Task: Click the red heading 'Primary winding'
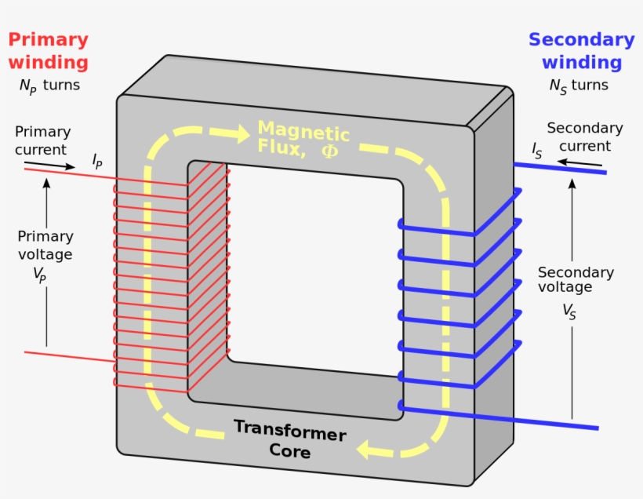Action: coord(49,51)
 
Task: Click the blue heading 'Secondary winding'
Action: coord(582,51)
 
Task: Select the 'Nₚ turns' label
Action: coord(49,86)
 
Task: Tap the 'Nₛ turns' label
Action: coord(578,86)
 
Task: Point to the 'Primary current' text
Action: coord(42,140)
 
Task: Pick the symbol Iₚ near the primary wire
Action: coord(96,161)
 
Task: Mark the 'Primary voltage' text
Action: coord(45,246)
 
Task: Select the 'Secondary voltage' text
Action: coord(576,279)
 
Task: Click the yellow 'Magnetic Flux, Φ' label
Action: coord(303,138)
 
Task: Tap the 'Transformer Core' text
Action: coord(290,439)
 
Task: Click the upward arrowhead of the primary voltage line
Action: coord(46,184)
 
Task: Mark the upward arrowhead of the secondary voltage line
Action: coord(572,185)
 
